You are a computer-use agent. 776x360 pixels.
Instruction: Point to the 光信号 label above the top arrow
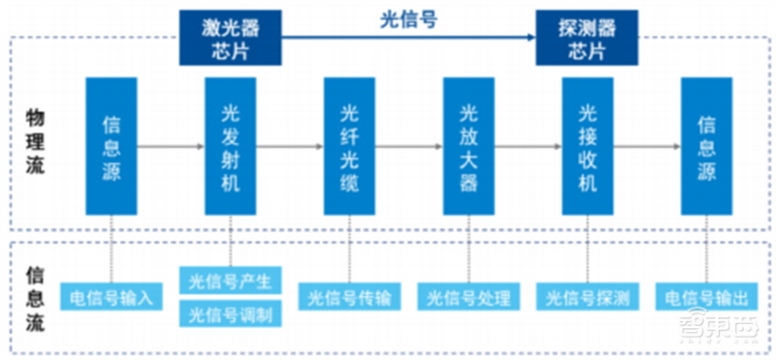405,18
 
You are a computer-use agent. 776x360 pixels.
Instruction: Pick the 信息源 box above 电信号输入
111,146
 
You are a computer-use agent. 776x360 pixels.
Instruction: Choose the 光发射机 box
230,146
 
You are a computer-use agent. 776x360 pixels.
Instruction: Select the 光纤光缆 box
349,146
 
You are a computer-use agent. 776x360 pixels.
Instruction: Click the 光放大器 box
469,146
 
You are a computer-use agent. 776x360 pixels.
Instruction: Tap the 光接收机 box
587,146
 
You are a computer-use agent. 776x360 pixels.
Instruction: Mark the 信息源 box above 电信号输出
706,146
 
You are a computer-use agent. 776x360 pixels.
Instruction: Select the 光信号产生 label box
231,281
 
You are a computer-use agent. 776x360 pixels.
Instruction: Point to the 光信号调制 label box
231,313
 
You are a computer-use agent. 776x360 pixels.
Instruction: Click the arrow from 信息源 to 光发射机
170,146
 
